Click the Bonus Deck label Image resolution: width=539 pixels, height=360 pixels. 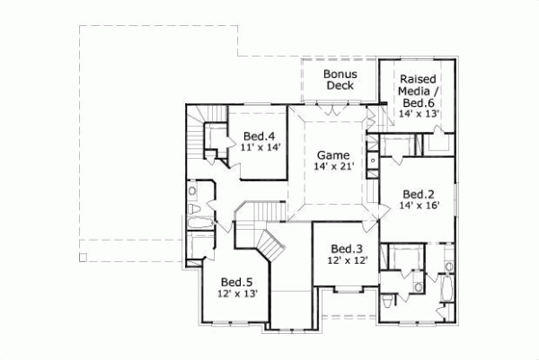tap(340, 79)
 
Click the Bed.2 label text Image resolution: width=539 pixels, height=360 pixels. tap(419, 193)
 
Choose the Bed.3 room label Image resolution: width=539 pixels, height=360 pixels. tap(346, 249)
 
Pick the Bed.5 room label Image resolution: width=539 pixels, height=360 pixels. tap(235, 280)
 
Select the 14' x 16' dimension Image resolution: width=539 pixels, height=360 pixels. tap(419, 206)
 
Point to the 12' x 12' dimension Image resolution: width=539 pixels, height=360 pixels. tap(347, 261)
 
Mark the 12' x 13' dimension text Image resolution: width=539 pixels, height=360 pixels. tap(237, 294)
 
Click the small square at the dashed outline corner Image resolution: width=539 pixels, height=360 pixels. tap(83, 258)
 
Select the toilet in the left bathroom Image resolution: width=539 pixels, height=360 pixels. tap(193, 191)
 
